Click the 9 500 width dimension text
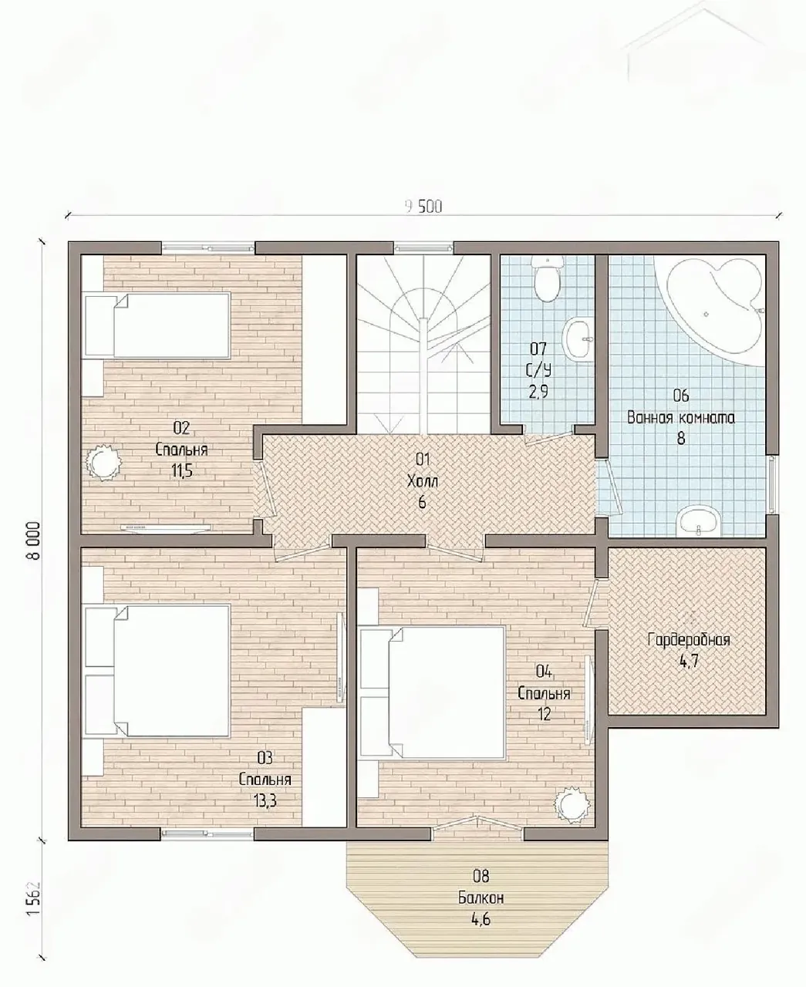pos(423,207)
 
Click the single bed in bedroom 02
pos(157,325)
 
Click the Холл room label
pos(422,481)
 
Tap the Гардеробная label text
pos(689,640)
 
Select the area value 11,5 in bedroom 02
pos(181,470)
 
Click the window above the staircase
pos(423,247)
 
